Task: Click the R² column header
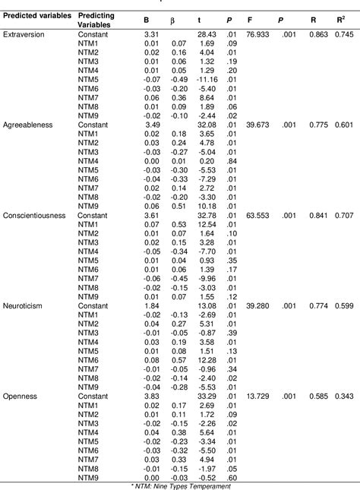342,15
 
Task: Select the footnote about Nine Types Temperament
179,485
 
